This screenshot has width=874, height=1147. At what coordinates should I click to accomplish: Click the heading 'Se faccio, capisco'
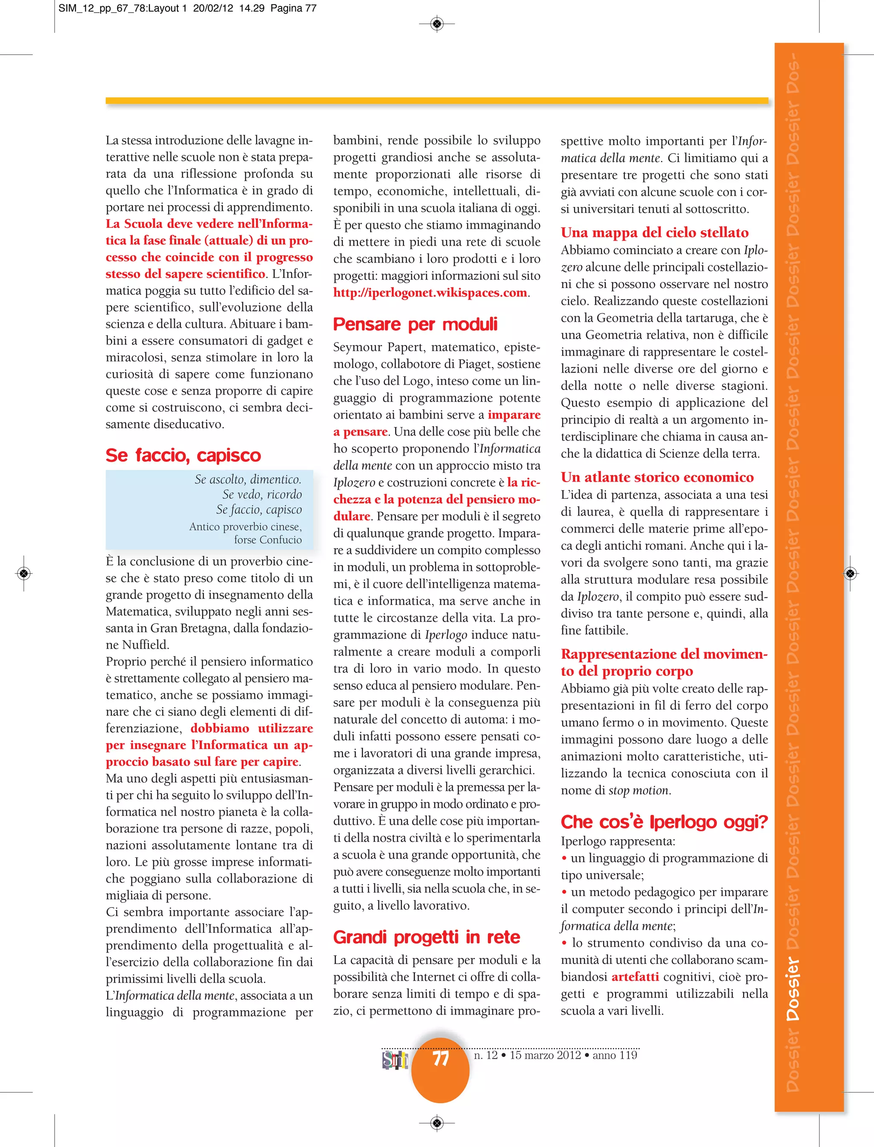(x=183, y=455)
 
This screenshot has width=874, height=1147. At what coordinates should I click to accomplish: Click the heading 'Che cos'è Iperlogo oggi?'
(x=664, y=822)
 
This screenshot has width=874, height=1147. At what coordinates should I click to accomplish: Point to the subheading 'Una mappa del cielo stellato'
(x=655, y=233)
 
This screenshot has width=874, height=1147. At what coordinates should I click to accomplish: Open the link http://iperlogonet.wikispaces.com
(x=430, y=293)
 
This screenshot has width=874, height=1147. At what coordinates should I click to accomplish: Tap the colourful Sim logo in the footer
(x=395, y=1060)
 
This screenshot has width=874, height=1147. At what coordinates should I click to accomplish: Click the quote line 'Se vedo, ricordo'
(x=262, y=494)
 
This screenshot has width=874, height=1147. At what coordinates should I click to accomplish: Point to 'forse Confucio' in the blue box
(x=268, y=540)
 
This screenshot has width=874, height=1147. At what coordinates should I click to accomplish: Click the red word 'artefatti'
(x=635, y=977)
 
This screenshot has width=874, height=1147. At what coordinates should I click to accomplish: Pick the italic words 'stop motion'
(x=639, y=791)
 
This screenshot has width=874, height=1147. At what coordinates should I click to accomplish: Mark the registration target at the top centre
(x=437, y=23)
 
